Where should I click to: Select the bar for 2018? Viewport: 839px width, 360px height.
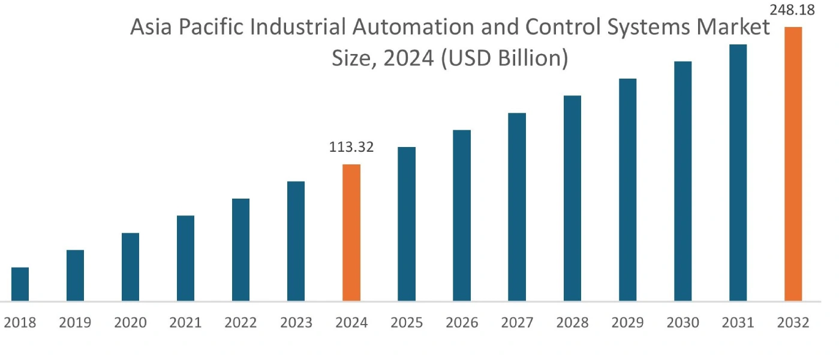pyautogui.click(x=20, y=284)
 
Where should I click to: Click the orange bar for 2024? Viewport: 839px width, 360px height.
pyautogui.click(x=351, y=232)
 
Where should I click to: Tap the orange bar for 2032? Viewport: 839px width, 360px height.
pyautogui.click(x=793, y=164)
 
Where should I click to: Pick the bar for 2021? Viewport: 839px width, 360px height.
pyautogui.click(x=185, y=258)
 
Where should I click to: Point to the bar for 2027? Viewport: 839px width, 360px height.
pyautogui.click(x=517, y=206)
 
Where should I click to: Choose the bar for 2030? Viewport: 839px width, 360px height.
pyautogui.click(x=682, y=181)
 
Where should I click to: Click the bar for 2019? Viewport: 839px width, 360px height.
pyautogui.click(x=75, y=275)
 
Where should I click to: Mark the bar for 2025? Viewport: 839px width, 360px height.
pyautogui.click(x=407, y=224)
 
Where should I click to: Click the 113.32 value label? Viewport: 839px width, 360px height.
pyautogui.click(x=351, y=147)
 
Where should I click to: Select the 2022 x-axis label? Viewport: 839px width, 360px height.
pyautogui.click(x=240, y=323)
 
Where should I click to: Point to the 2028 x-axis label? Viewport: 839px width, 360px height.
pyautogui.click(x=572, y=323)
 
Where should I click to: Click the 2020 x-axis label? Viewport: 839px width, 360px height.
pyautogui.click(x=130, y=323)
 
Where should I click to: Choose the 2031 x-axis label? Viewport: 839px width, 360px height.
pyautogui.click(x=738, y=323)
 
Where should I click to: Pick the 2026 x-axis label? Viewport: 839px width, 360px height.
pyautogui.click(x=462, y=323)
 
